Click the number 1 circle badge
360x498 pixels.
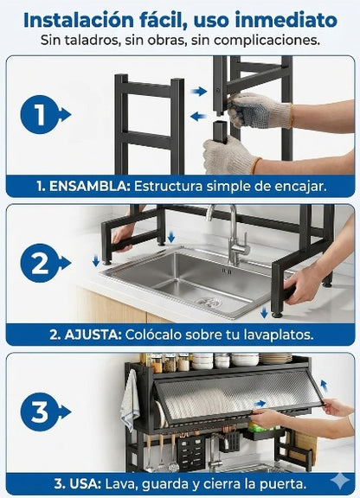tap(39, 113)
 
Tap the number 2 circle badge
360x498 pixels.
tap(39, 265)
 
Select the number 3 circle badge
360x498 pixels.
tap(39, 412)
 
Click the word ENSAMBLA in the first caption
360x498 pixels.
tap(85, 185)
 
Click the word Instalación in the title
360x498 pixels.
tap(82, 18)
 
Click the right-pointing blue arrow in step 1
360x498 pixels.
tap(200, 90)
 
